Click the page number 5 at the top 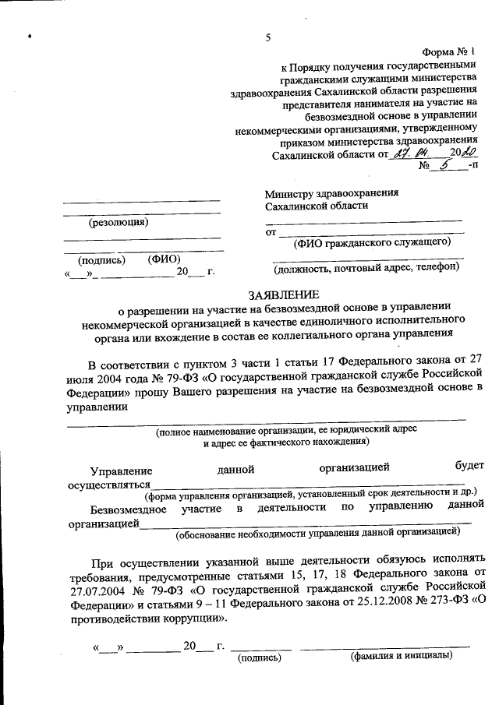coord(267,39)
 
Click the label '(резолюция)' coord(119,221)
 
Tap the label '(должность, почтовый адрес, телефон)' coord(366,268)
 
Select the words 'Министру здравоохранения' coord(331,192)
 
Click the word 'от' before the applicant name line coord(271,231)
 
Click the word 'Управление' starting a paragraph coord(121,471)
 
